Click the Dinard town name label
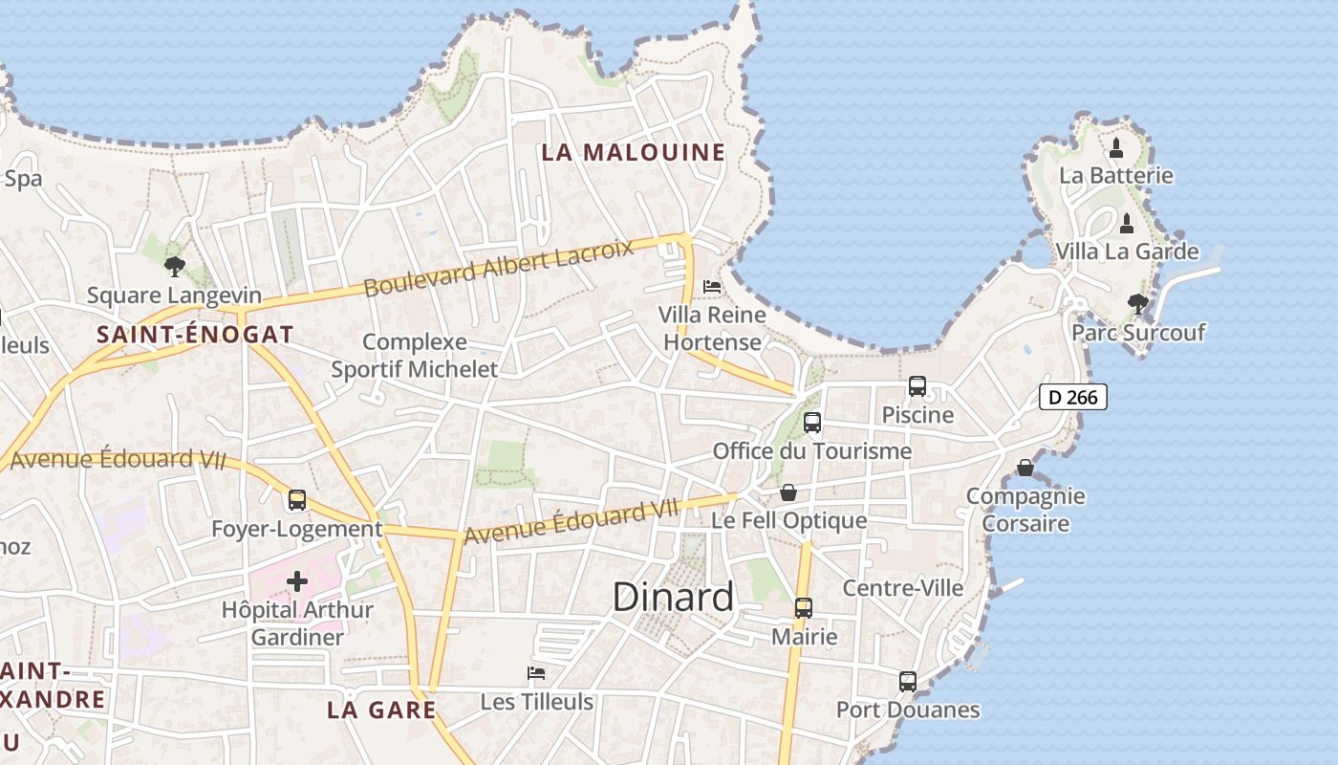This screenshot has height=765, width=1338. (673, 597)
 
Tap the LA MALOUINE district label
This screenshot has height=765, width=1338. (633, 152)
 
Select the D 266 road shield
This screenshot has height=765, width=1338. (1072, 397)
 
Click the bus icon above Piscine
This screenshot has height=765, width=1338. (917, 386)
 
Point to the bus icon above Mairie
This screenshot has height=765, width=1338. (804, 608)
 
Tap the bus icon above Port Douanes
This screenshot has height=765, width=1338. (908, 682)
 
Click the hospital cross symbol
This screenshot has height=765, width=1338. (297, 580)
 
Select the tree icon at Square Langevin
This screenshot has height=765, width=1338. (174, 266)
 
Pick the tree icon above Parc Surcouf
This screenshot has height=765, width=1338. (1137, 304)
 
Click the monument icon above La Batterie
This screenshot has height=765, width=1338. (1116, 148)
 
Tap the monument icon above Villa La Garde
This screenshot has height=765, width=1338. (1127, 224)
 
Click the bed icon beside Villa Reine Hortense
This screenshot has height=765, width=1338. (712, 286)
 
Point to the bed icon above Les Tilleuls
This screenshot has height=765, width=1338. (536, 673)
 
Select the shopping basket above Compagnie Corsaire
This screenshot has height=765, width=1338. (1025, 468)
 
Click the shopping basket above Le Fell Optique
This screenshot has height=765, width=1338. (788, 492)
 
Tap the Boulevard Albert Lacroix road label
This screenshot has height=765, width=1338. (499, 269)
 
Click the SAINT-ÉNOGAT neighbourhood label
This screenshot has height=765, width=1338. (195, 335)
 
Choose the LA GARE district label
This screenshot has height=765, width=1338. (381, 710)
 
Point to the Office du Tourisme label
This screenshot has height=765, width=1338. (812, 450)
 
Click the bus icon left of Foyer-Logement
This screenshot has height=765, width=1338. (297, 500)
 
